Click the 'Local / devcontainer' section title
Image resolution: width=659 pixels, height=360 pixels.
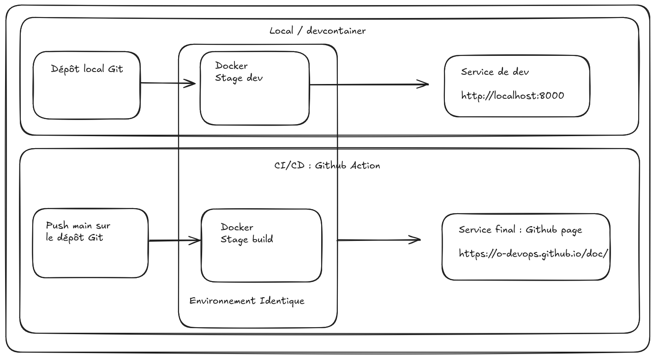pos(318,31)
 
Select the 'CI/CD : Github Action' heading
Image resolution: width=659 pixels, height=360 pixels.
pos(327,166)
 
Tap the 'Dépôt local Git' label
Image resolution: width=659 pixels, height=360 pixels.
pos(87,69)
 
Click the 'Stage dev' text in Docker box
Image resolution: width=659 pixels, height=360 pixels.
pos(239,78)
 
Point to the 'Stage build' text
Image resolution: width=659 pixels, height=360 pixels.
pos(247,239)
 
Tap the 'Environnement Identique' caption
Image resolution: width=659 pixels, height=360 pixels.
pos(247,301)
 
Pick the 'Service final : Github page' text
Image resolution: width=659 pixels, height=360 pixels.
pos(520,230)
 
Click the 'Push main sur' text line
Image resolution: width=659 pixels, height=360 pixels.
pos(78,226)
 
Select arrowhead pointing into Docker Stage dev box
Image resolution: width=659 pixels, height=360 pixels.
pos(191,84)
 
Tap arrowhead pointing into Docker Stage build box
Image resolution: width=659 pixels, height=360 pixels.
pos(196,240)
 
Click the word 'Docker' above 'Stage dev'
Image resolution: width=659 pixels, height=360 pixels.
pos(231,66)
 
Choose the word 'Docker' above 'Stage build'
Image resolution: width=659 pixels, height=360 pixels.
pos(237,227)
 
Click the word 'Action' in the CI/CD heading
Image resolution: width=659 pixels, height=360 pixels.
pos(365,166)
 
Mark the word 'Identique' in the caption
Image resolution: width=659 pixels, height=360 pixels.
pos(282,301)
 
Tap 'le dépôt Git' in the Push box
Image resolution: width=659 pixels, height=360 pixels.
pos(75,238)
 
